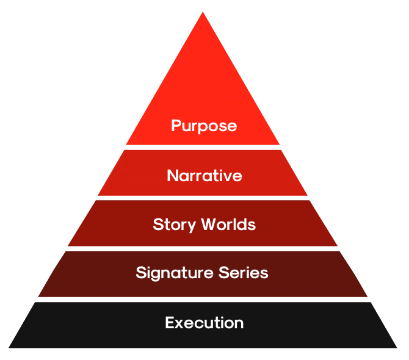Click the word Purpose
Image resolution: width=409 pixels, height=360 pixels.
click(204, 126)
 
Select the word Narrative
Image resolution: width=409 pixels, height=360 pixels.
click(204, 176)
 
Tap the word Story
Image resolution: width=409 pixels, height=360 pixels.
click(174, 225)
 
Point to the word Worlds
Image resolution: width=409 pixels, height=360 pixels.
click(228, 224)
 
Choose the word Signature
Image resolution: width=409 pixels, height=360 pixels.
click(175, 273)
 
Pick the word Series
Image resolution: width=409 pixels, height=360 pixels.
click(243, 273)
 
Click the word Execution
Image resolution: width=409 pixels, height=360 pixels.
click(204, 323)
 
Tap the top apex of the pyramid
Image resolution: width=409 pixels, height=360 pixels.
click(203, 12)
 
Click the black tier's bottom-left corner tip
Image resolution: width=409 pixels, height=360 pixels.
click(9, 348)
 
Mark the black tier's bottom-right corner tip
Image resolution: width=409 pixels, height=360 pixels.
click(397, 348)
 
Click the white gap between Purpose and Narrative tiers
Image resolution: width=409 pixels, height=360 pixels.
click(203, 148)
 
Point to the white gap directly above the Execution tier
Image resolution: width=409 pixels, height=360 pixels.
click(203, 300)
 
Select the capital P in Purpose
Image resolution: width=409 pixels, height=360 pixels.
click(176, 125)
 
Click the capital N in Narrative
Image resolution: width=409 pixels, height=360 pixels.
click(172, 176)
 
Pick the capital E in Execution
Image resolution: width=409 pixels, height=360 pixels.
click(170, 323)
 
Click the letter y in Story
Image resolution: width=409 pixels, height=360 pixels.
click(191, 226)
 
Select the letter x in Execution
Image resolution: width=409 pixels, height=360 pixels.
click(180, 325)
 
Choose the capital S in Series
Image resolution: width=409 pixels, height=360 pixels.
click(224, 273)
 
